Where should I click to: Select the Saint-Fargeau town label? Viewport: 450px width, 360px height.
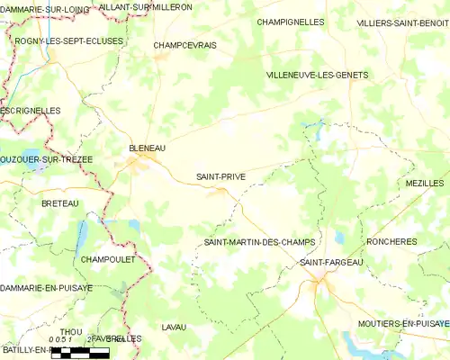tap(330, 262)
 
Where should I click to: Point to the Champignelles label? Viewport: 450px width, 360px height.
tap(290, 21)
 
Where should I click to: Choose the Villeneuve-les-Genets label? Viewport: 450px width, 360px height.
tap(317, 76)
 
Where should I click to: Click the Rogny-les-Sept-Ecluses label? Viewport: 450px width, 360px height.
tap(69, 41)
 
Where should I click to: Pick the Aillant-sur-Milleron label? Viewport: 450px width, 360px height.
tap(145, 6)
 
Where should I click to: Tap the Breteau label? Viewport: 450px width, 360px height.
tap(60, 203)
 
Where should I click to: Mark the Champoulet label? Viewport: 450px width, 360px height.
tap(107, 259)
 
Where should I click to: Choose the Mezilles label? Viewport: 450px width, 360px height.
tap(425, 183)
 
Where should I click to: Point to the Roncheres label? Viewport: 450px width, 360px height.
tap(391, 242)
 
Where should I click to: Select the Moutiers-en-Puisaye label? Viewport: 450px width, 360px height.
tap(403, 322)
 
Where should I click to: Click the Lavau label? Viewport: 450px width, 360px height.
tap(174, 327)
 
